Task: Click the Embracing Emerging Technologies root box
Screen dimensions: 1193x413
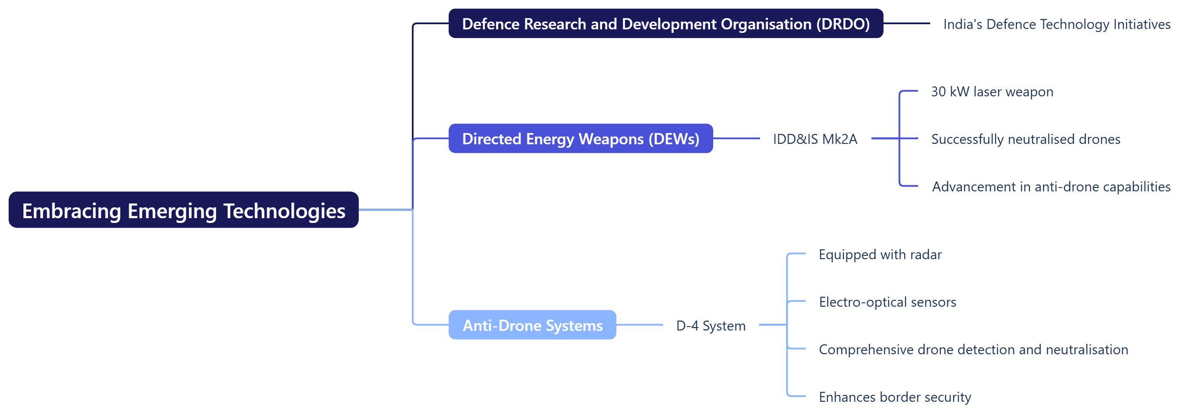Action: tap(183, 210)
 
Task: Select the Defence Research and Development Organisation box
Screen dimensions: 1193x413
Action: tap(666, 24)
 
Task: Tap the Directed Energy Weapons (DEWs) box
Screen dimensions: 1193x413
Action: tap(581, 138)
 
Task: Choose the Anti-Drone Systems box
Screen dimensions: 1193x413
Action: tap(533, 325)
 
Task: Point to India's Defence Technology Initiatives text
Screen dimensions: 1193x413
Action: tap(1057, 24)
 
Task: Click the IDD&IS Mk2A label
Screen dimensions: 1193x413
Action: tap(815, 139)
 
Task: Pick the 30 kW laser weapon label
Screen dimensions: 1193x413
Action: tap(992, 92)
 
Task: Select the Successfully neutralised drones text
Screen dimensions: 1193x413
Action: tap(1026, 139)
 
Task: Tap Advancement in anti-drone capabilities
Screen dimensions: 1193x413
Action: tap(1051, 187)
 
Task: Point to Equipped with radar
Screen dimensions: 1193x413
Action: tap(880, 254)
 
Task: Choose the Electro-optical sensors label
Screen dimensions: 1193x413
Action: tap(887, 302)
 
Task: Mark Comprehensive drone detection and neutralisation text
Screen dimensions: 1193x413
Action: tap(973, 349)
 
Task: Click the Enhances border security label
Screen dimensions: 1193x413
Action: tap(895, 397)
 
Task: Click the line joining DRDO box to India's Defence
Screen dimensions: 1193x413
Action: tap(907, 23)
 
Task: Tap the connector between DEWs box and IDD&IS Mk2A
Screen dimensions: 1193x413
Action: tap(737, 138)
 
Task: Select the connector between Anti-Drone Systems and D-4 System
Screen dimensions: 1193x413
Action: tap(640, 325)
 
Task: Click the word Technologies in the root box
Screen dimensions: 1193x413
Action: tap(284, 211)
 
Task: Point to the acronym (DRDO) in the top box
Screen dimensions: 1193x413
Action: tap(843, 24)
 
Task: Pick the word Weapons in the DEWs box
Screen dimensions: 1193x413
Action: tap(611, 139)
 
